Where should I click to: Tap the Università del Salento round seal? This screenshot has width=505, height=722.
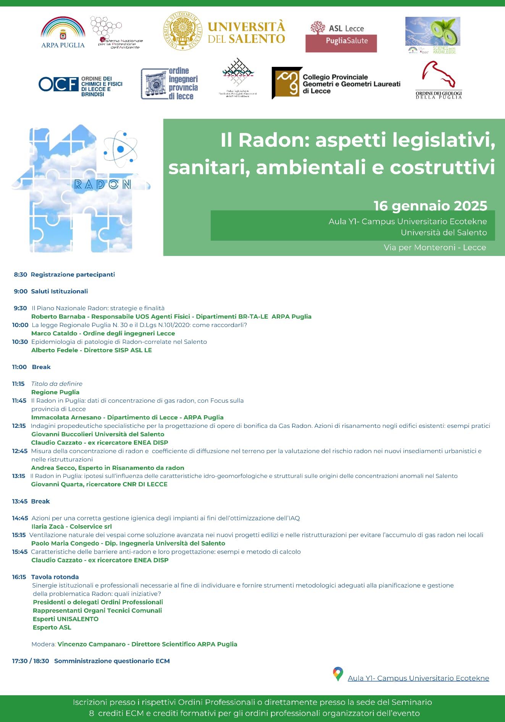[183, 32]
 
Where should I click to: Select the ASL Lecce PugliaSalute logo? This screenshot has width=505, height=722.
[341, 36]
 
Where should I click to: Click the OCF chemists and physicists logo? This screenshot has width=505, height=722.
[81, 84]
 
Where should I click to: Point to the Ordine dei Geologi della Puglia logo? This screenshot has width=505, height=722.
[439, 80]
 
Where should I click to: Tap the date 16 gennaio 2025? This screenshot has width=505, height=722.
[430, 206]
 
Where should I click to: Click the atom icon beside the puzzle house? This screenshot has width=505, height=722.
[120, 149]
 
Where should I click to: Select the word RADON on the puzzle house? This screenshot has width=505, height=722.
[103, 185]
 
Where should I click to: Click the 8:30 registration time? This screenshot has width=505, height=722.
[21, 275]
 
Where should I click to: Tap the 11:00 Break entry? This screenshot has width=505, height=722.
[31, 367]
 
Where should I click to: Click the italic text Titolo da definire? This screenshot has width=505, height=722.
[57, 384]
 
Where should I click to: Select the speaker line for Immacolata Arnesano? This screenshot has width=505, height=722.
[127, 418]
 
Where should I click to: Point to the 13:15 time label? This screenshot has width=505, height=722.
[19, 476]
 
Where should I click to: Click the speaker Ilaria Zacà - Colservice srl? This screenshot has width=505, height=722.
[71, 527]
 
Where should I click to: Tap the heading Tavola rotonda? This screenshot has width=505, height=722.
[55, 577]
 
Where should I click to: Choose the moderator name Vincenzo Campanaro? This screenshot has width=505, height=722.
[92, 644]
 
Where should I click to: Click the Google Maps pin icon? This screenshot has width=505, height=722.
[338, 674]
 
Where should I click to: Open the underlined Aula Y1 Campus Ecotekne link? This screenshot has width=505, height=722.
[418, 678]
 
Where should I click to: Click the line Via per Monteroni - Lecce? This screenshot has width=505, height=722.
[435, 248]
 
